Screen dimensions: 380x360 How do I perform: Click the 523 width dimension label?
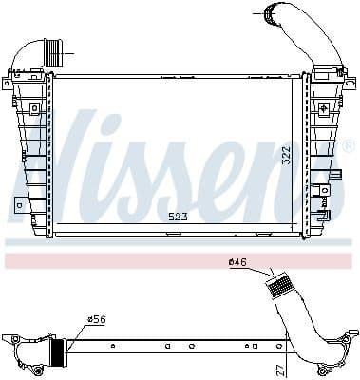[x=178, y=217]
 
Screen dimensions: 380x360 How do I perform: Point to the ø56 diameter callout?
[x=96, y=320]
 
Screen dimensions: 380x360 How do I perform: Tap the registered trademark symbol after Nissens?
[x=348, y=147]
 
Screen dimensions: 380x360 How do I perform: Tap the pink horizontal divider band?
[x=180, y=258]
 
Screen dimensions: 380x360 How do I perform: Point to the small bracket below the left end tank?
[x=20, y=202]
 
